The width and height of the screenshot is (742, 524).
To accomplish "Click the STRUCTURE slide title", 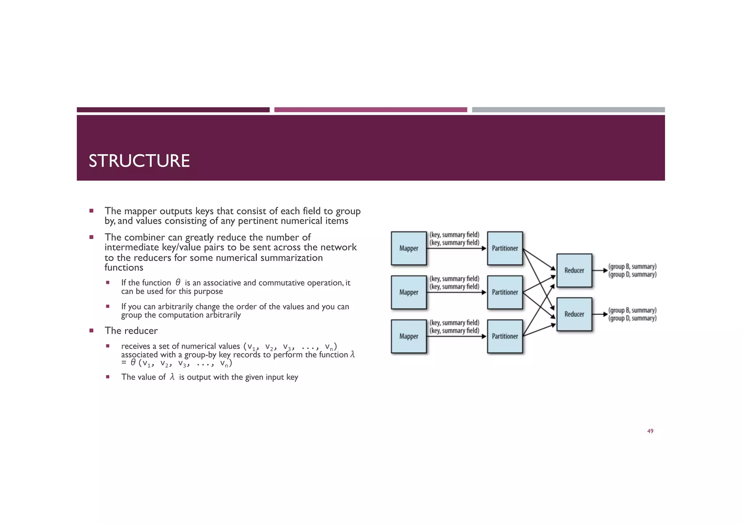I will [139, 161].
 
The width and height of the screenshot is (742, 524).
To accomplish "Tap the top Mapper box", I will [409, 248].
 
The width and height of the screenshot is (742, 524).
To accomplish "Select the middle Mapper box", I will [409, 292].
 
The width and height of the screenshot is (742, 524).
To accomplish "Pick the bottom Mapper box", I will [409, 336].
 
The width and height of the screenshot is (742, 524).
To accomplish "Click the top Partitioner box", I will [505, 248].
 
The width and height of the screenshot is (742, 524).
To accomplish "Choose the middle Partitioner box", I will [505, 292].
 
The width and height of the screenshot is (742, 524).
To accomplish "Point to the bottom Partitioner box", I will [505, 336].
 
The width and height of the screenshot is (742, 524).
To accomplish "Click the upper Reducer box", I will [574, 271].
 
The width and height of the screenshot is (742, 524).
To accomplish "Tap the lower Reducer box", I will [574, 314].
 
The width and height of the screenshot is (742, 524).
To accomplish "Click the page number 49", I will [650, 431].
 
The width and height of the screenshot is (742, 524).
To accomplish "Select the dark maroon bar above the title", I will [173, 110].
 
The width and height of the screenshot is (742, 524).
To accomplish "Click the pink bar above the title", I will [370, 110].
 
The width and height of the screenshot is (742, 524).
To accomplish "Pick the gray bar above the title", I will [568, 110].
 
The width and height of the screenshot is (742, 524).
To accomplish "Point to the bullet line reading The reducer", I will [131, 331].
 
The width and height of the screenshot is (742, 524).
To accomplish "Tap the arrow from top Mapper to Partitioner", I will [457, 248].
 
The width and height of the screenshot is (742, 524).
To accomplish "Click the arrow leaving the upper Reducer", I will [600, 271].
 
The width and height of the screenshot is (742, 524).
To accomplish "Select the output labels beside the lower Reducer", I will [632, 314].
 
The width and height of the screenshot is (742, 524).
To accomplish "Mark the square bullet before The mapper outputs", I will [91, 211].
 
